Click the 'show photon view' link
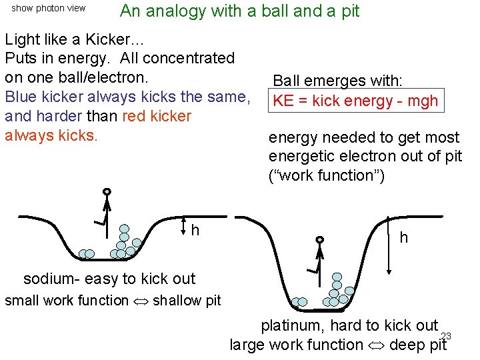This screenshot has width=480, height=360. coord(49,9)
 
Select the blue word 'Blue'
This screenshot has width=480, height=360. coord(21,97)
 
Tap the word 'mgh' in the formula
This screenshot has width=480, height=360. coord(421,101)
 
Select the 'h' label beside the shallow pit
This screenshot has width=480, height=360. coord(195,231)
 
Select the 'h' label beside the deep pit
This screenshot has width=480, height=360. coord(403,237)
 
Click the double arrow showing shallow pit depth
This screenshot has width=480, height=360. coord(184,227)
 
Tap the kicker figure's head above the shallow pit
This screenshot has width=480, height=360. coord(107,192)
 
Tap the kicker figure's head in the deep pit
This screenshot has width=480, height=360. coord(320,239)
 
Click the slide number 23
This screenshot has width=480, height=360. coord(446,336)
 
